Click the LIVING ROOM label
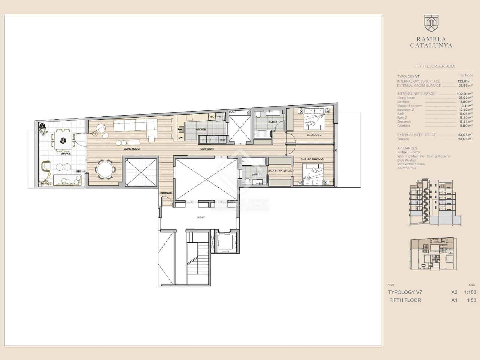click(131, 149)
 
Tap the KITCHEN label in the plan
click(201, 130)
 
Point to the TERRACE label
click(64, 154)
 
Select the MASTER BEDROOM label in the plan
click(313, 159)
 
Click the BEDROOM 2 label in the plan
click(314, 135)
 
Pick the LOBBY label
click(201, 217)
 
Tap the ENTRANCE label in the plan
click(166, 193)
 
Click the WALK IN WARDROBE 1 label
click(281, 170)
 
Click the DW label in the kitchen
click(181, 138)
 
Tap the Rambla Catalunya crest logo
click(431, 23)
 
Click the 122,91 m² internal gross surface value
click(465, 81)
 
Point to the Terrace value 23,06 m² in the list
click(465, 139)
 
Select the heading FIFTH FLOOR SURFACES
click(435, 66)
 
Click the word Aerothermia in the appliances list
click(406, 168)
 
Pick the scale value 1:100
click(470, 292)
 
